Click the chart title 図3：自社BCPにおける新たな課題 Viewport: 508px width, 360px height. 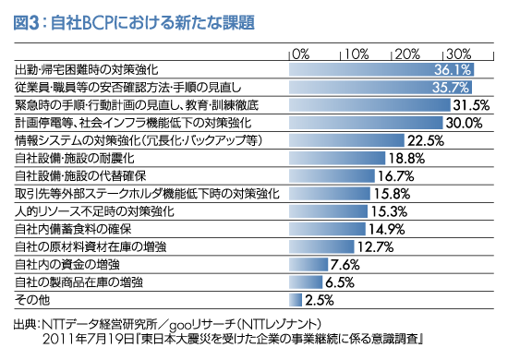(x=130, y=18)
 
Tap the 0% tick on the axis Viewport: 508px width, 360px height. (x=301, y=52)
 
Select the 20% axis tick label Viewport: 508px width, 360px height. (x=407, y=52)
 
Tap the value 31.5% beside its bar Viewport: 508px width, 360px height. (x=481, y=105)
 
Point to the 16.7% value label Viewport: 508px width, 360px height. (x=396, y=175)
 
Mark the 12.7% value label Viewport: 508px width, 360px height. (x=376, y=246)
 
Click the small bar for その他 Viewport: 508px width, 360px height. (x=296, y=299)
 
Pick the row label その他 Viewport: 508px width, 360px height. (x=30, y=300)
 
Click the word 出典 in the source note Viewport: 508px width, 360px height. (x=25, y=325)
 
